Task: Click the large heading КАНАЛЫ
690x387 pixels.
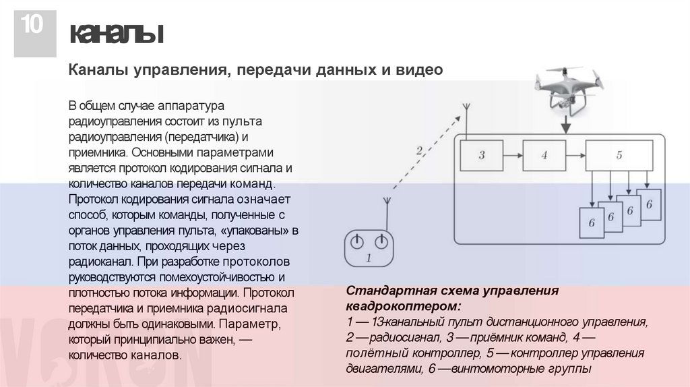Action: pyautogui.click(x=117, y=34)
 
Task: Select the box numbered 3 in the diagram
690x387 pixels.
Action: pyautogui.click(x=481, y=155)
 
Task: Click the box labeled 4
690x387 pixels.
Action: pyautogui.click(x=544, y=155)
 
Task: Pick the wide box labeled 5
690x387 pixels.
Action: pyautogui.click(x=619, y=155)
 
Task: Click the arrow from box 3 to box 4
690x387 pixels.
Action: pyautogui.click(x=513, y=155)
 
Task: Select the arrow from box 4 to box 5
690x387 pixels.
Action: pyautogui.click(x=576, y=155)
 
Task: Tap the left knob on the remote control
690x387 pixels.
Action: pyautogui.click(x=357, y=241)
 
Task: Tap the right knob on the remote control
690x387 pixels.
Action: pyautogui.click(x=381, y=241)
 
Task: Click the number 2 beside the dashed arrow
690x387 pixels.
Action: pyautogui.click(x=419, y=151)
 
